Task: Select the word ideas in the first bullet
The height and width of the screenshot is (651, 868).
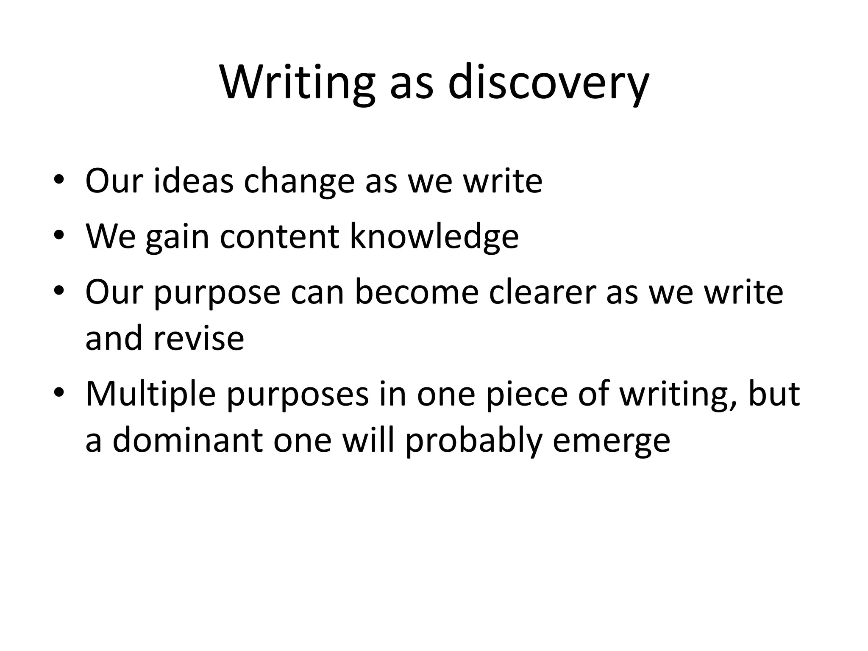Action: point(193,181)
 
